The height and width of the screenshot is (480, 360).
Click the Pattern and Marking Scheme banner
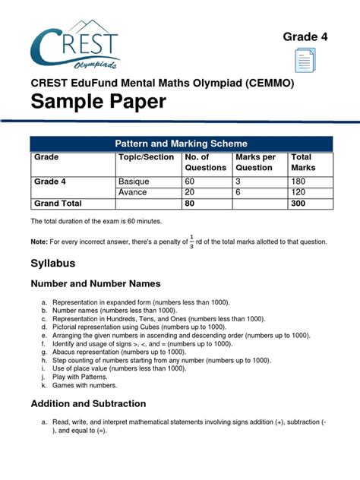[181, 143]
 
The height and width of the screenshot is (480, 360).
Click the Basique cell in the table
[134, 182]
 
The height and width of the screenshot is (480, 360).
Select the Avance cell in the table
[132, 193]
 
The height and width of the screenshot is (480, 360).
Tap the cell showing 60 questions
[190, 182]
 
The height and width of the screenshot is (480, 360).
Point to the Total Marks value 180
[298, 182]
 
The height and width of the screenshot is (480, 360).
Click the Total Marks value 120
[298, 193]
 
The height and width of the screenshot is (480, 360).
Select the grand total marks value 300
[298, 204]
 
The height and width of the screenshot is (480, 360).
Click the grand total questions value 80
[190, 204]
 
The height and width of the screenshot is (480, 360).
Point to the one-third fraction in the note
[192, 241]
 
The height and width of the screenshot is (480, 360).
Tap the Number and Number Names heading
[95, 283]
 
